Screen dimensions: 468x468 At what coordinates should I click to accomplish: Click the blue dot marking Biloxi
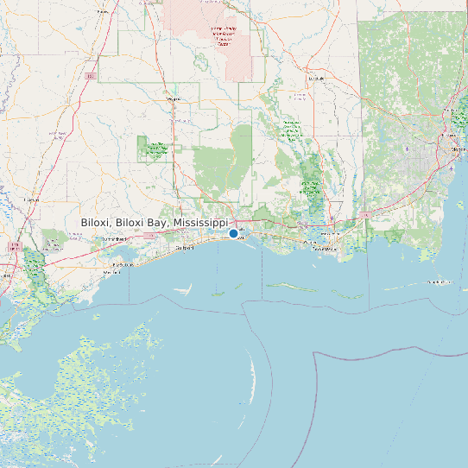[x=233, y=233]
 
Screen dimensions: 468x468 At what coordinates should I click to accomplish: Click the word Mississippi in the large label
[x=199, y=223]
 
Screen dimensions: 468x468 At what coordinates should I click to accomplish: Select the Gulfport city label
[x=183, y=248]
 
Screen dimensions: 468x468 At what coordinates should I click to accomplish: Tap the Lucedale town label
[x=316, y=78]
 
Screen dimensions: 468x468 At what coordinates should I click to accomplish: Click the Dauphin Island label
[x=440, y=281]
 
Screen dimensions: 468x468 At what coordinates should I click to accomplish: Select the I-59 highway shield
[x=90, y=76]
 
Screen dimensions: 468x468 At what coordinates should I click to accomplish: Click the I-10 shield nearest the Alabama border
[x=365, y=213]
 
